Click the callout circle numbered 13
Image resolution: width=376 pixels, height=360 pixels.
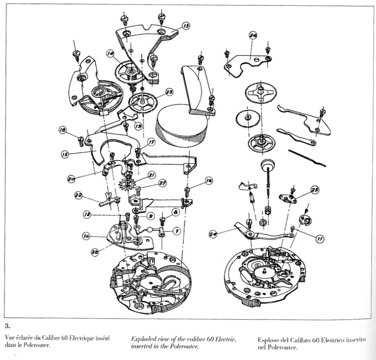coord(186,26)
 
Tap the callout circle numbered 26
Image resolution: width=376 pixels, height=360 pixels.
coord(253,35)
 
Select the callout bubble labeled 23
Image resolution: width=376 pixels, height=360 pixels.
coord(169,92)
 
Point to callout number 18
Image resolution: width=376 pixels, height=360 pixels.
coord(63,130)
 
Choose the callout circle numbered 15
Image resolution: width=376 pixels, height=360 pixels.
coord(65,154)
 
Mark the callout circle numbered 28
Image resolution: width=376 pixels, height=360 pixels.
coord(95,252)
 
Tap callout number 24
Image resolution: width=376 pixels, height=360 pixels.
coord(213,234)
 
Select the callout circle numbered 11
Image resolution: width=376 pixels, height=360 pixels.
coord(320,239)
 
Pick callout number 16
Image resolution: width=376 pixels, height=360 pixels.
coord(209,181)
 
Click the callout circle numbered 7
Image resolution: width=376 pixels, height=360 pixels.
coord(177,231)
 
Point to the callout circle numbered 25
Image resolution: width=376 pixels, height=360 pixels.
coord(315,190)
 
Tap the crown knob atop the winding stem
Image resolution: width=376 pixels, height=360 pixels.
coord(267,165)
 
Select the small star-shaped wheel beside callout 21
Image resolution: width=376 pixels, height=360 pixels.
coord(126,184)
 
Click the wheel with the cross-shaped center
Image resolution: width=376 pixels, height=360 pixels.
coord(261,92)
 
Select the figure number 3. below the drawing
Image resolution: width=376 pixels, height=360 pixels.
coord(8,326)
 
